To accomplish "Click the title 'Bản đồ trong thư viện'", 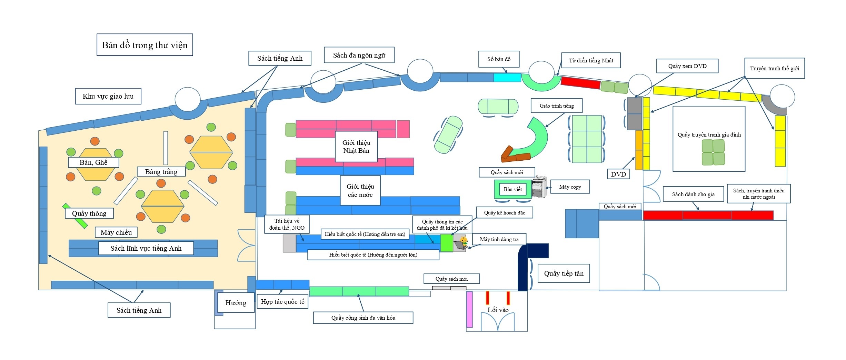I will point(145,45).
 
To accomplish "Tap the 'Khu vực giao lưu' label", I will point(108,96).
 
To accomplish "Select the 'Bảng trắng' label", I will point(161,172).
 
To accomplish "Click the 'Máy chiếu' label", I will point(116,232).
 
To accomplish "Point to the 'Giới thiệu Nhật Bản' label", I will point(356,147).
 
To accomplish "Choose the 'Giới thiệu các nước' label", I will point(360,190).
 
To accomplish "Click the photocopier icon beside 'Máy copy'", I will point(539,187).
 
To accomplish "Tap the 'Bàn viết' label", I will point(512,189).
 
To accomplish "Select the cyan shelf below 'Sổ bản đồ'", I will point(507,78).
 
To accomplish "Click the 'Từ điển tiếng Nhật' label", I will point(591,60).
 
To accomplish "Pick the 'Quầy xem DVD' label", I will point(687,66).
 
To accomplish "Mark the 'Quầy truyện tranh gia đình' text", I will point(709,135).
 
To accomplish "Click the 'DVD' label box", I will point(618,174).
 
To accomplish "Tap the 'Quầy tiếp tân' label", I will point(564,273).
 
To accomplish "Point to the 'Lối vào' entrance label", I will point(498,310).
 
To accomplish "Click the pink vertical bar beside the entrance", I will point(469,309).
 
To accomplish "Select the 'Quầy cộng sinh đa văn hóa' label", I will point(363,318).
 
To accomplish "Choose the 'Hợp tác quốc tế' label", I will point(282,301).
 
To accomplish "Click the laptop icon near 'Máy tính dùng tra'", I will point(460,244).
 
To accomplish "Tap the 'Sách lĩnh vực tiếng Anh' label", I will point(146,248).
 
